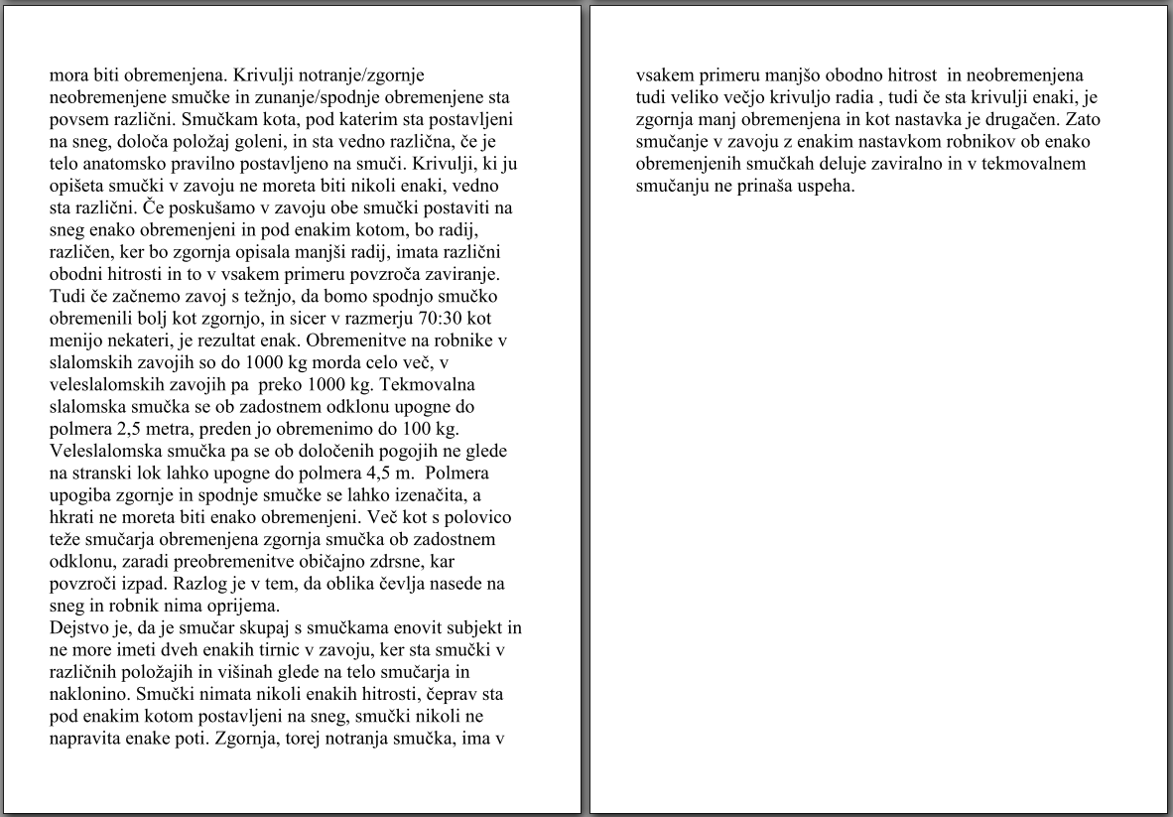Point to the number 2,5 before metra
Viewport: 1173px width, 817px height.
coord(128,429)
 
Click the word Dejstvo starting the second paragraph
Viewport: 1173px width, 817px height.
coord(78,627)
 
